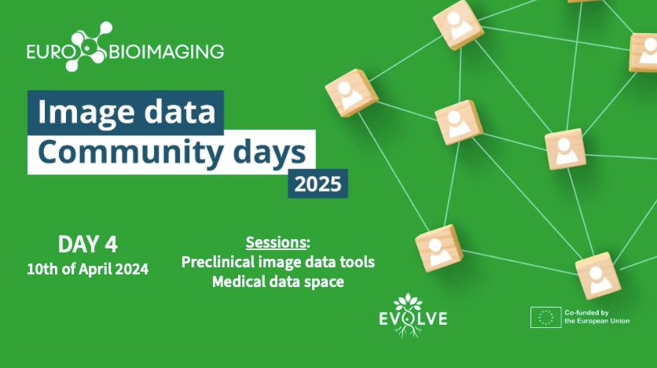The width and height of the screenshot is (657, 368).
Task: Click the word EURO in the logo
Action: click(x=45, y=52)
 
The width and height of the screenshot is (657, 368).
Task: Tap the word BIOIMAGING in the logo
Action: click(x=167, y=52)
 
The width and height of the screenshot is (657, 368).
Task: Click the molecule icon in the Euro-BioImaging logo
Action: click(x=89, y=46)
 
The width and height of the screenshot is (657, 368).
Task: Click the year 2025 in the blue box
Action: click(x=318, y=184)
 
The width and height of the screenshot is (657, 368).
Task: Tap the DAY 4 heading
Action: click(x=87, y=244)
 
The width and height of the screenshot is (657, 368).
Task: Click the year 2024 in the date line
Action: click(x=131, y=269)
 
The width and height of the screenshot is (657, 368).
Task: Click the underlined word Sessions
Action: click(x=276, y=242)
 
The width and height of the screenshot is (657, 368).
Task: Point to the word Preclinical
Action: click(x=218, y=262)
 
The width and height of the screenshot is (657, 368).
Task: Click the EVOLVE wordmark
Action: click(x=413, y=318)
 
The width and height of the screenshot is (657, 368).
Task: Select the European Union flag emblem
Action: click(x=545, y=318)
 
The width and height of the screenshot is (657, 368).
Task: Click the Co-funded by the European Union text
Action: click(x=597, y=317)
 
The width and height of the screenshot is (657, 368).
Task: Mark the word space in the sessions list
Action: click(x=324, y=282)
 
